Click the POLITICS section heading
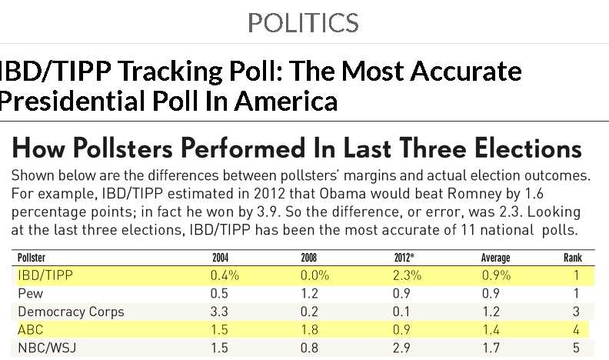pyautogui.click(x=303, y=23)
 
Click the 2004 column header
pyautogui.click(x=220, y=258)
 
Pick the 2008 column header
pyautogui.click(x=308, y=258)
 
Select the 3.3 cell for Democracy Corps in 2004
pyautogui.click(x=221, y=312)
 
